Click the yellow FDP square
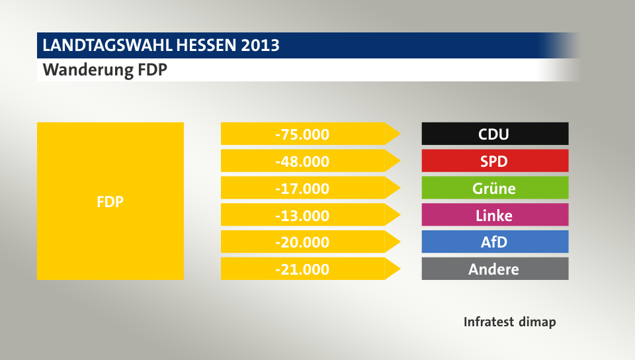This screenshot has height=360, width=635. click(110, 201)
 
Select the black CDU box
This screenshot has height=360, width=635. click(495, 134)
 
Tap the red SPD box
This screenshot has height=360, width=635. click(495, 161)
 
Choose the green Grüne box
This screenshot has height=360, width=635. click(495, 188)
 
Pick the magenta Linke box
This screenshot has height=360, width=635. click(495, 215)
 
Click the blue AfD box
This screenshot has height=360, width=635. click(495, 242)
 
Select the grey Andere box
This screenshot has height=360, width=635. click(495, 269)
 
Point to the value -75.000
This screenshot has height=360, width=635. click(302, 134)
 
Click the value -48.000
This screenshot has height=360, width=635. click(302, 161)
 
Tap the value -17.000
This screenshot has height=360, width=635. click(302, 188)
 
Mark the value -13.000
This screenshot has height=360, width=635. click(302, 215)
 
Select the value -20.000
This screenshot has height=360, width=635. click(302, 242)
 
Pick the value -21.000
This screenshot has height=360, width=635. click(302, 269)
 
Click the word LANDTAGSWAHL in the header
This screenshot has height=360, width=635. click(106, 46)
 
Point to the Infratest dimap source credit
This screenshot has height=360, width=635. click(509, 322)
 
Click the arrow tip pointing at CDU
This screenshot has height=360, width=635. click(396, 134)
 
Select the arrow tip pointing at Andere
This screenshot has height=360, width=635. click(396, 269)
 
